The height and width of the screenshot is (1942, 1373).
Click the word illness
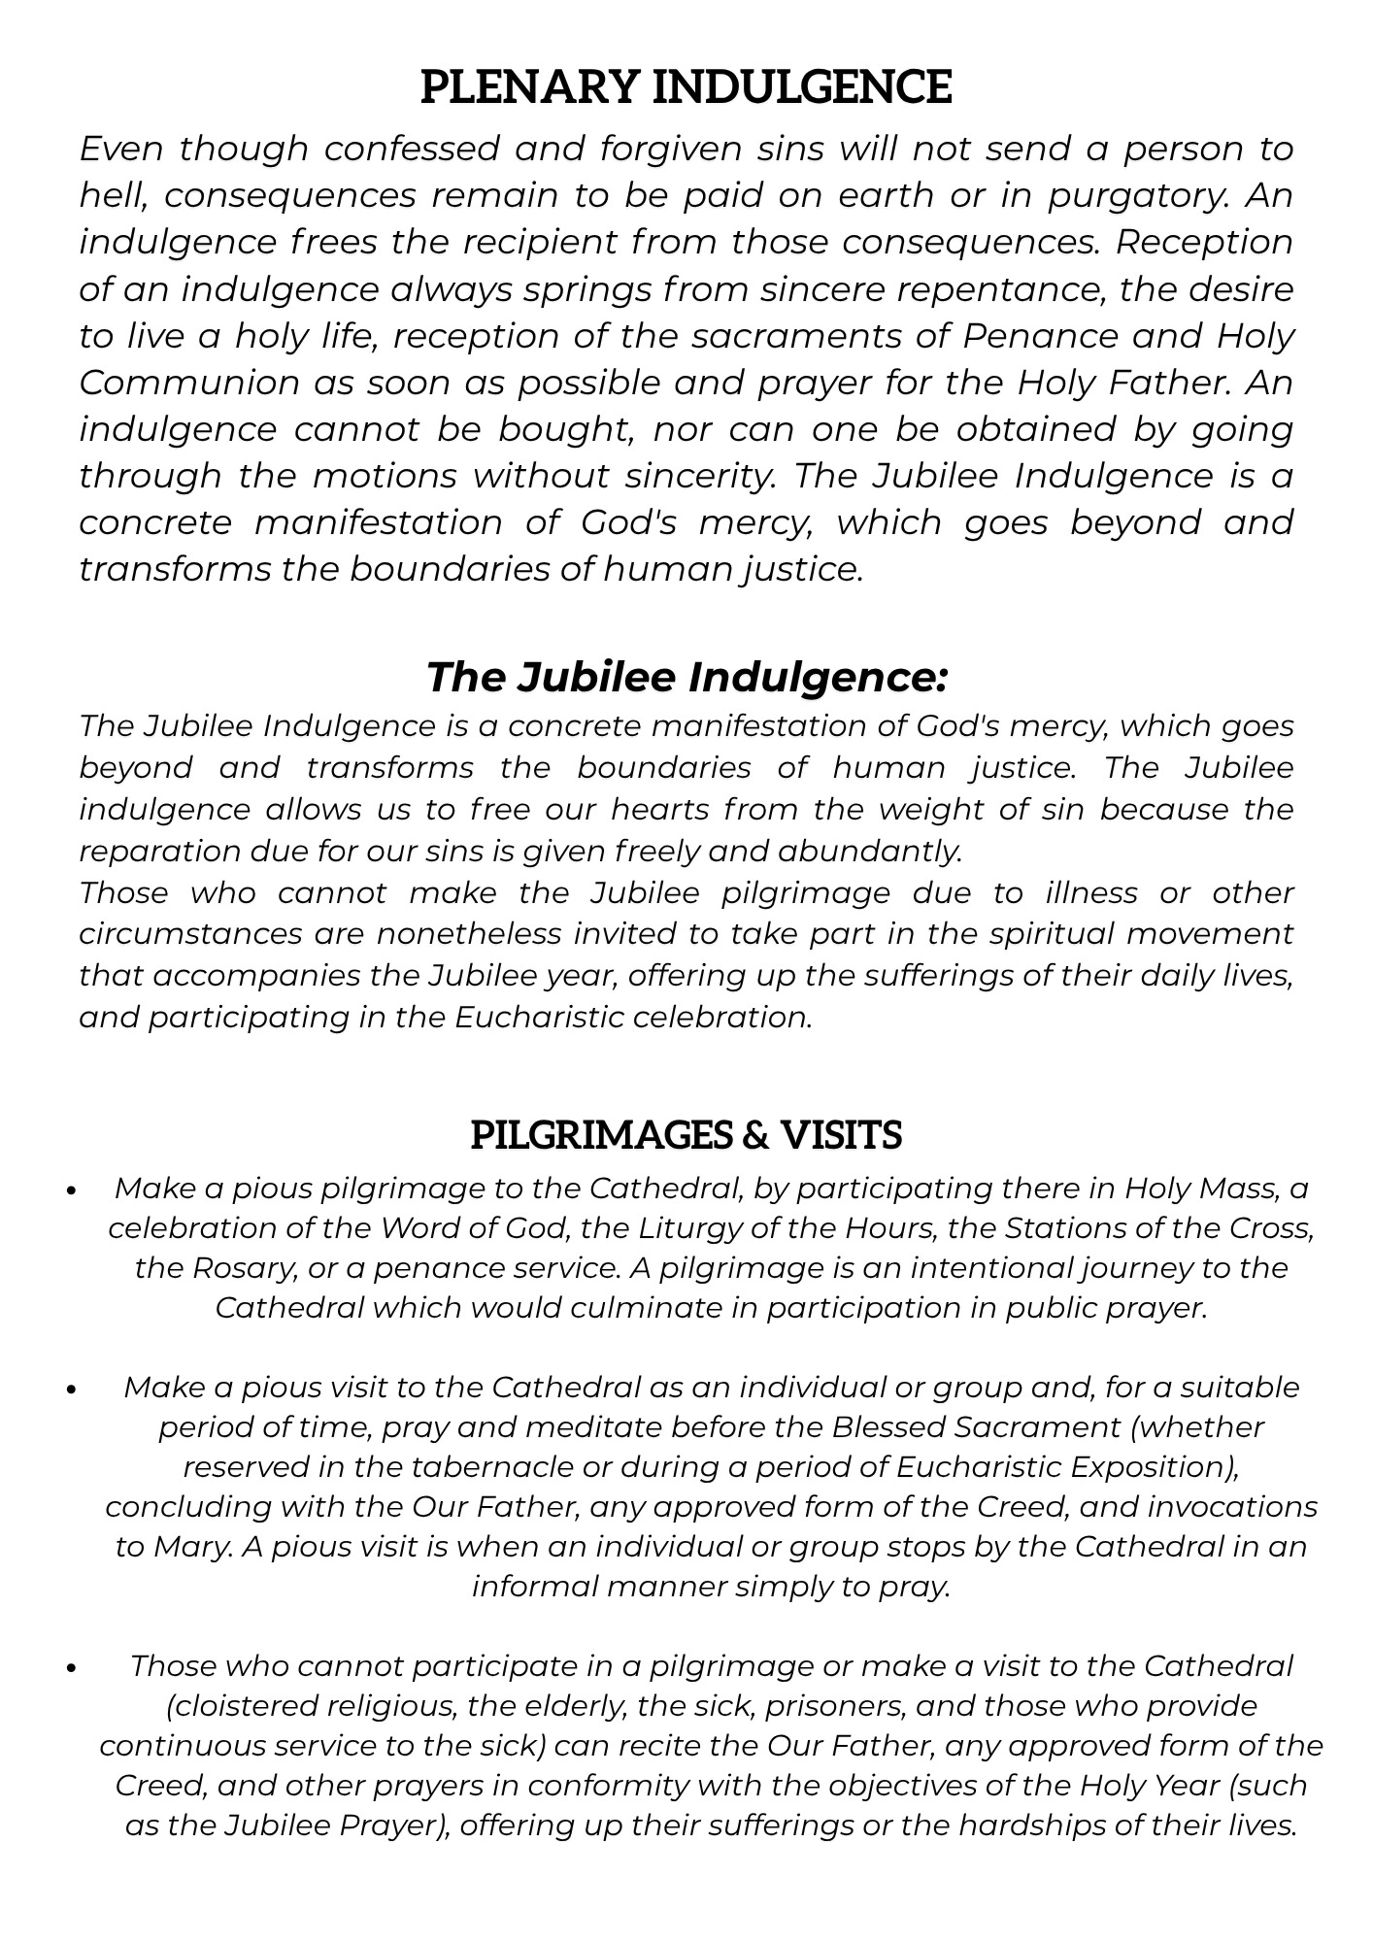pyautogui.click(x=1091, y=893)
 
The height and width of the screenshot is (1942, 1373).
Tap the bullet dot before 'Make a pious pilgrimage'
pyautogui.click(x=72, y=1190)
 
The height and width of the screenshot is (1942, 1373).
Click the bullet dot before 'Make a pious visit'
pyautogui.click(x=72, y=1390)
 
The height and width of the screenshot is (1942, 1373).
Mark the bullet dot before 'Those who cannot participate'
pyautogui.click(x=72, y=1668)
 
